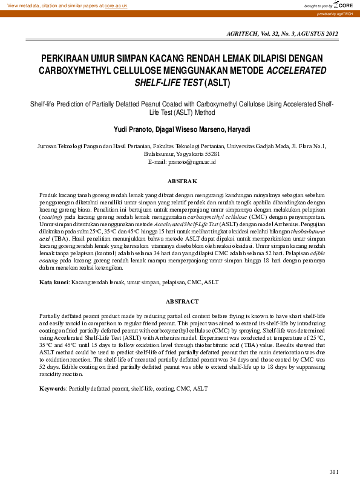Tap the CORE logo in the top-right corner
[345, 5]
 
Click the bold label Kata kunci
[54, 282]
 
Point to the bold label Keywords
[53, 387]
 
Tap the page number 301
[333, 472]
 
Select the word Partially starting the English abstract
[51, 316]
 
